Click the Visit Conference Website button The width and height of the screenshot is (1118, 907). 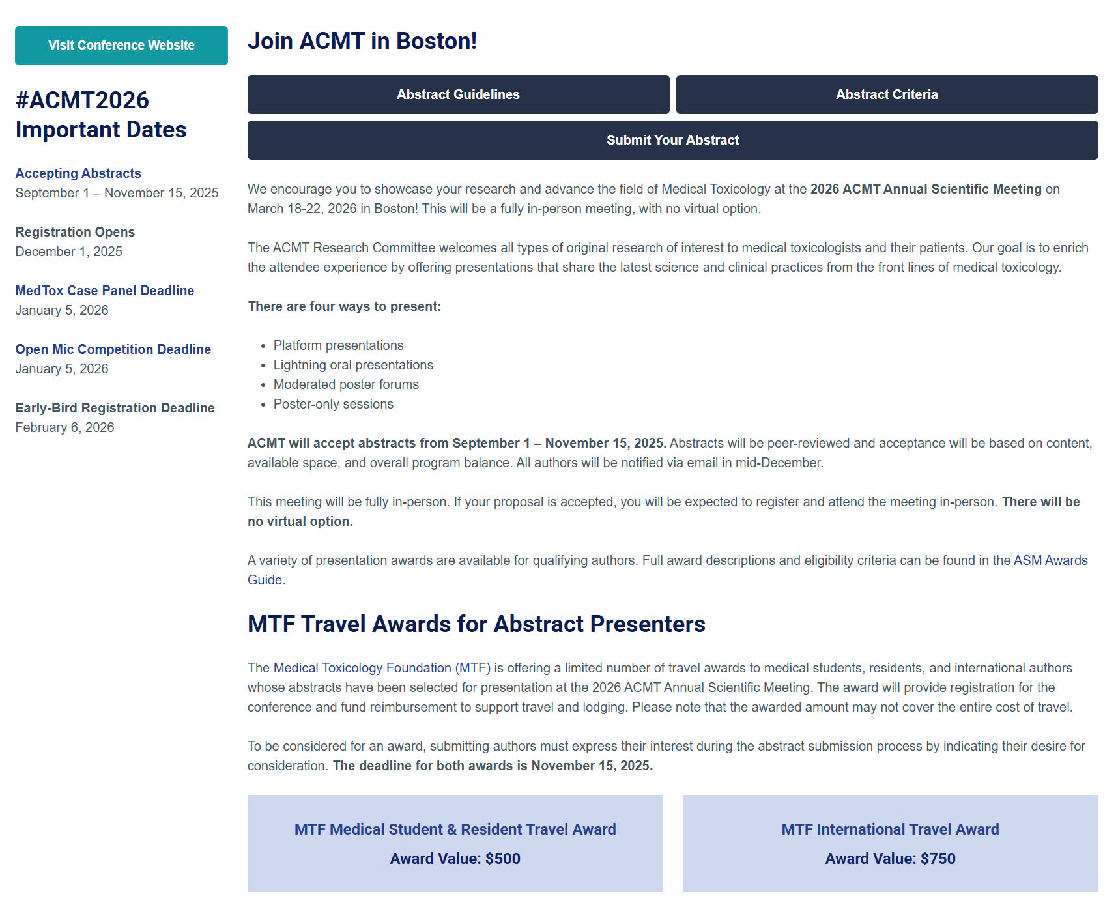pos(121,46)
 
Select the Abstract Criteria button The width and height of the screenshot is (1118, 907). pos(887,94)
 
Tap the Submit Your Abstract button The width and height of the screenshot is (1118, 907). pos(672,140)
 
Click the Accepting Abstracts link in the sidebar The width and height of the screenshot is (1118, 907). pos(78,173)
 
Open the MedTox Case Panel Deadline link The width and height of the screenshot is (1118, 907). pos(105,291)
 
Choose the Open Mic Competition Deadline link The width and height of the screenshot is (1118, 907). pos(113,349)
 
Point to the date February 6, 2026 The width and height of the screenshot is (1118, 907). pos(65,427)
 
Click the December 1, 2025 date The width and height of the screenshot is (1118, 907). pos(69,252)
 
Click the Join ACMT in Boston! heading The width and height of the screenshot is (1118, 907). pos(362,41)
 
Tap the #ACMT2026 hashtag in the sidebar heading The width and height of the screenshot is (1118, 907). pos(82,100)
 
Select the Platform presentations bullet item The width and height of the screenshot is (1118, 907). pos(338,345)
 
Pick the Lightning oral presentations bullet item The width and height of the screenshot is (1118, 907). pos(353,365)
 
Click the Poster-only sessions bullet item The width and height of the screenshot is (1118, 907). pos(333,404)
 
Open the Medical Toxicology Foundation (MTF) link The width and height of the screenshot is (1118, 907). pos(382,668)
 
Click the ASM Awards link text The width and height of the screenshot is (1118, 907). pos(1050,560)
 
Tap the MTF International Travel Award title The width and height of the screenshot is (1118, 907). pos(890,829)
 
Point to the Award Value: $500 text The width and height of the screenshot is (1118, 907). pos(455,859)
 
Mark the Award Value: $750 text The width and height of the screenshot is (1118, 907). pos(890,859)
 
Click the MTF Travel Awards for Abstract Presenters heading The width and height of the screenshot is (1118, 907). pos(476,624)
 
